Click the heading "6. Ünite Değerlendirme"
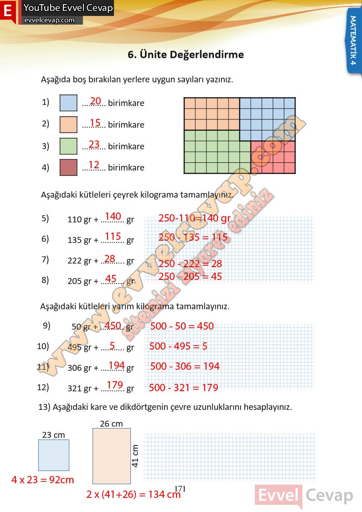coord(186,55)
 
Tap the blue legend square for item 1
coord(68,103)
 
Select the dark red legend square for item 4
coord(68,167)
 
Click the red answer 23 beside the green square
coord(94,145)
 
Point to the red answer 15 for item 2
coord(95,123)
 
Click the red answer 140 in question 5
coord(113,216)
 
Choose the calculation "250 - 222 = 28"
coord(190,264)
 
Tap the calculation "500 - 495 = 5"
coord(178,346)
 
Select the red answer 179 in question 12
coord(115,385)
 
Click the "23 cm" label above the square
coord(53,435)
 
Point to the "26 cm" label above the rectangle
coord(111,424)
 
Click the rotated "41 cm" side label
coord(135,455)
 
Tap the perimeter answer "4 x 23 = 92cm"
coord(42,480)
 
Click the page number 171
coord(181,489)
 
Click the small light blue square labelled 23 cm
coord(54,455)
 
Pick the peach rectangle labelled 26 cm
coord(111,455)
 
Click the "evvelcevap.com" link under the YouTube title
coord(49,20)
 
